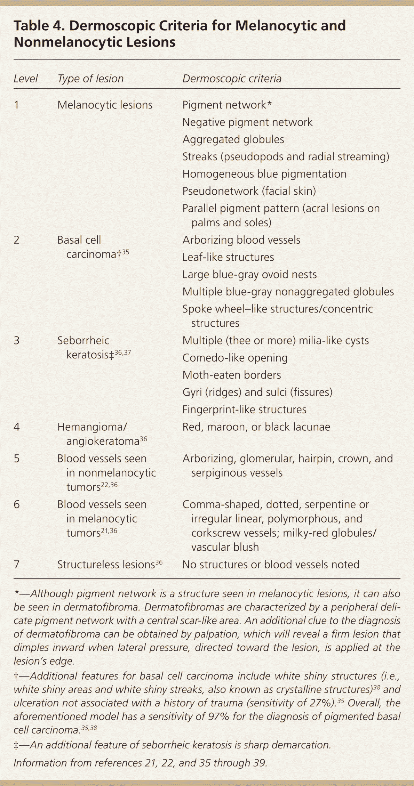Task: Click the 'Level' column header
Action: (x=25, y=79)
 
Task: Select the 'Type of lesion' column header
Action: (x=90, y=79)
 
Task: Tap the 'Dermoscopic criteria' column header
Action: (x=232, y=79)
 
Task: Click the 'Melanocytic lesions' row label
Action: (x=105, y=105)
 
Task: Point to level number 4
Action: (x=16, y=427)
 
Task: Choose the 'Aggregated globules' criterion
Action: (x=233, y=139)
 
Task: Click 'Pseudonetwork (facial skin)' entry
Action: (x=249, y=191)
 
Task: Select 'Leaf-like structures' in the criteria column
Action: (x=228, y=257)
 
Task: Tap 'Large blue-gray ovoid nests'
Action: (x=249, y=275)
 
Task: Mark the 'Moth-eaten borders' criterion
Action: (x=232, y=375)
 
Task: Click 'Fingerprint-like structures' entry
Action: (x=244, y=410)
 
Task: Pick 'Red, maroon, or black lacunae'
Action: (x=256, y=427)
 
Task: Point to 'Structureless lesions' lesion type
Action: (x=106, y=565)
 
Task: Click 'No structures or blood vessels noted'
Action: (x=271, y=565)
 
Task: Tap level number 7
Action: (x=16, y=565)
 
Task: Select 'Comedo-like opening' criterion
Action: (x=235, y=358)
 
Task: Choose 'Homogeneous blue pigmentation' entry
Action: (x=264, y=174)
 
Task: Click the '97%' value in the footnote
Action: (x=218, y=716)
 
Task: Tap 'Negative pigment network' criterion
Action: (x=247, y=122)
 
